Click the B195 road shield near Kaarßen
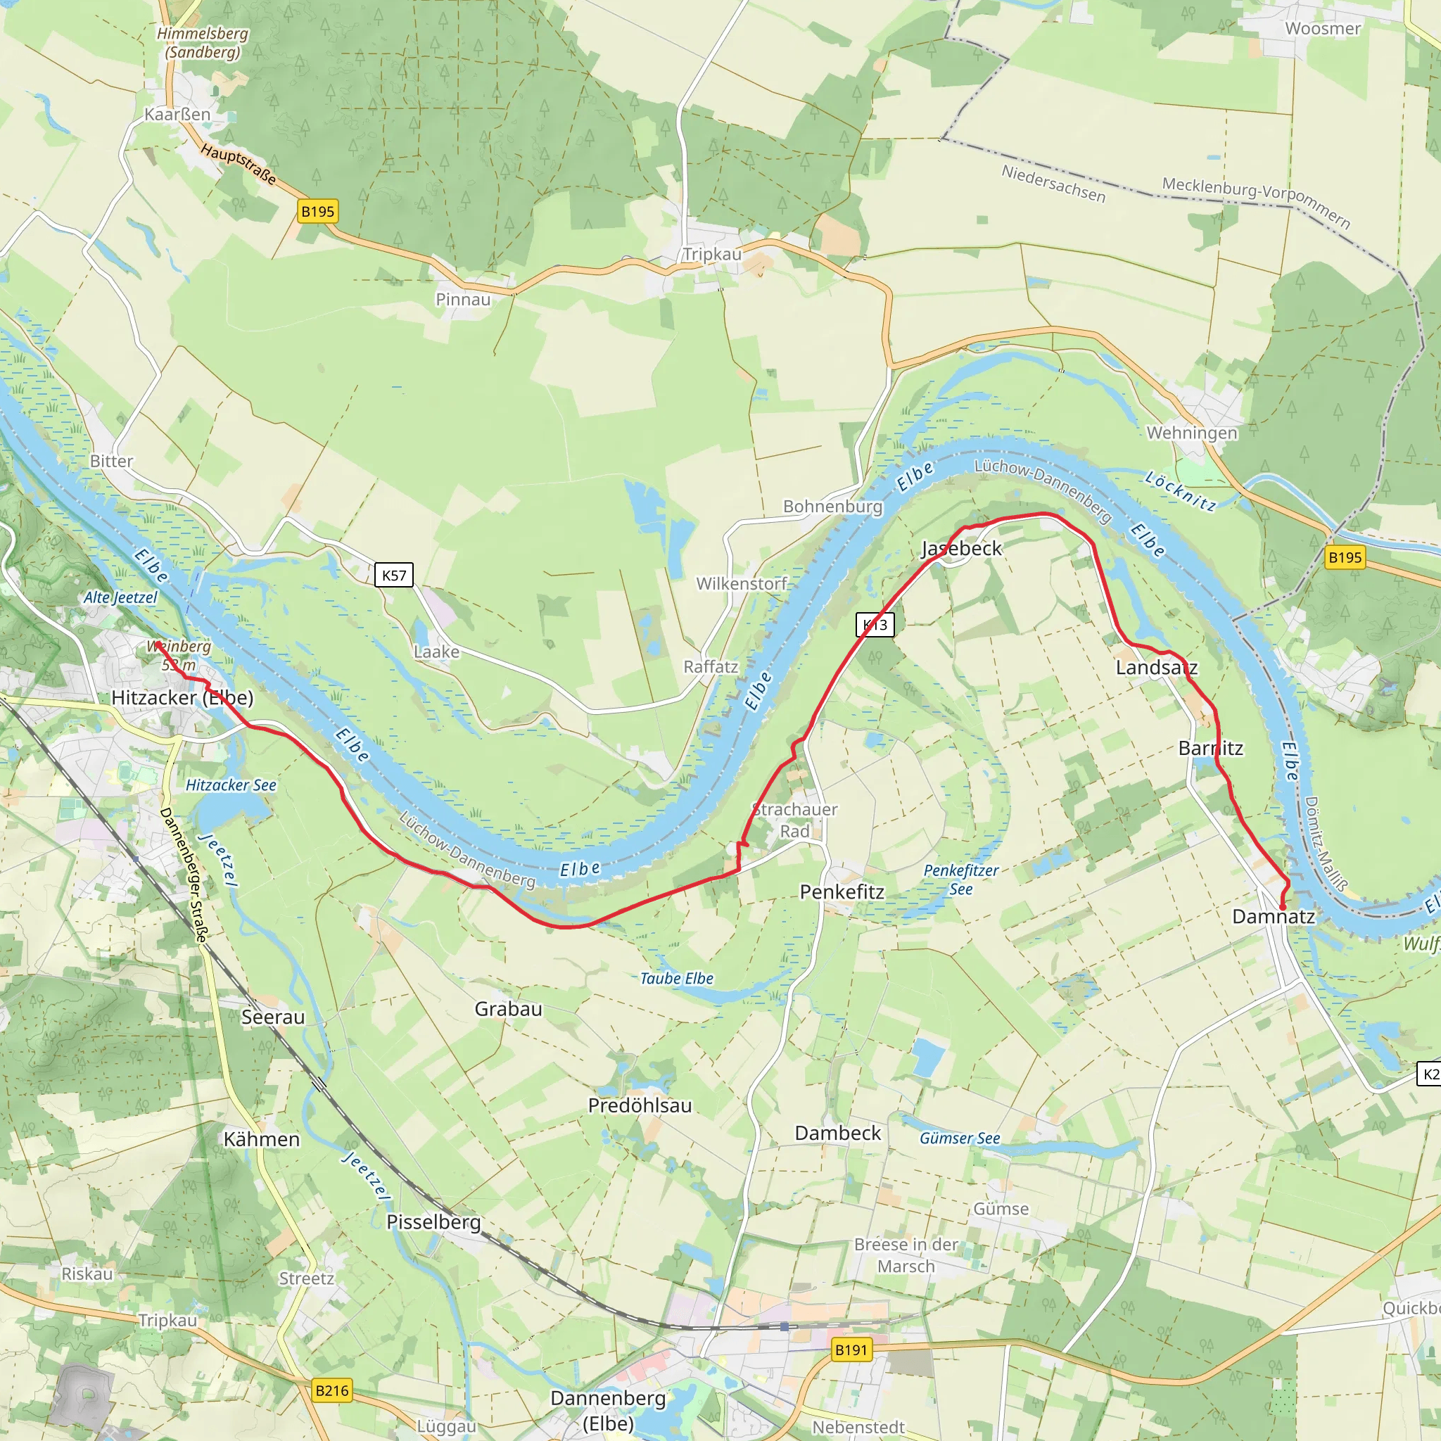click(x=318, y=211)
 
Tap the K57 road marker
click(x=394, y=575)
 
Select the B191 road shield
click(x=851, y=1350)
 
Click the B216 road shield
click(x=332, y=1390)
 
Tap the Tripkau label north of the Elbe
click(x=712, y=254)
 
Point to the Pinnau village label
click(x=463, y=299)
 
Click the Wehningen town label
click(x=1191, y=433)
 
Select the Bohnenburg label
click(x=832, y=507)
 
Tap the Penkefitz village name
click(x=842, y=891)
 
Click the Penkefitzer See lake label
click(x=960, y=880)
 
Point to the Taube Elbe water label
click(x=676, y=979)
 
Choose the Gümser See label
click(x=959, y=1138)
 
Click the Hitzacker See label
click(x=231, y=785)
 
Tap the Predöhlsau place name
click(x=640, y=1105)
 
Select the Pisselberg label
click(x=433, y=1221)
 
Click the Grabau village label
click(x=508, y=1008)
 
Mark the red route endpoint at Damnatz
click(x=1282, y=907)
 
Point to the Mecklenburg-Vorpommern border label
click(x=1256, y=201)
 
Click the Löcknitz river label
click(x=1181, y=491)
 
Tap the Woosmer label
click(x=1322, y=28)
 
